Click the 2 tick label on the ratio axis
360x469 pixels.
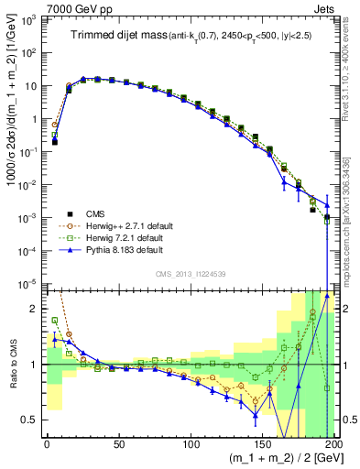coord(35,309)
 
